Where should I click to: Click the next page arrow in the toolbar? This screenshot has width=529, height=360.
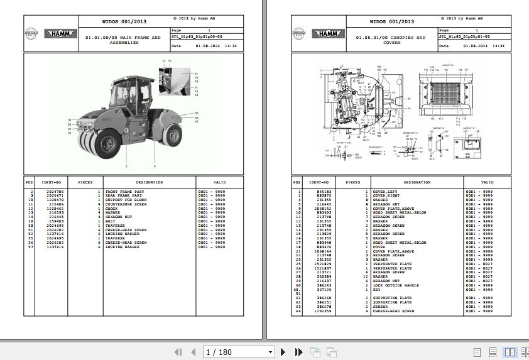pos(283,352)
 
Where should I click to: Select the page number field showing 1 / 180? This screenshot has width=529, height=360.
pos(239,352)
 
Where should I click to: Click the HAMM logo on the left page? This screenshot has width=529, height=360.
pos(60,33)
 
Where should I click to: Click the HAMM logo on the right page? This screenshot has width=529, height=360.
pos(328,33)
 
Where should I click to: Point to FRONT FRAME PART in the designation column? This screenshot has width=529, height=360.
pos(124,191)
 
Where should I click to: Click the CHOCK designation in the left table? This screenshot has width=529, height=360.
pos(112,209)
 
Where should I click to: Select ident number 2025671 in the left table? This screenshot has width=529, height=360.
pos(55,195)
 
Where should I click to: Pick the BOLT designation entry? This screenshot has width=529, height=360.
pos(111,221)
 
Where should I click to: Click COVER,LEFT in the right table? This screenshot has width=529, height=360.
pos(384,191)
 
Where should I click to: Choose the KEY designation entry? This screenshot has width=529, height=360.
pos(376,290)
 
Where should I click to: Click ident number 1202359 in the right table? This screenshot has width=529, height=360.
pos(324,311)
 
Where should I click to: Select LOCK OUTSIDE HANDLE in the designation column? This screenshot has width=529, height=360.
pos(395,285)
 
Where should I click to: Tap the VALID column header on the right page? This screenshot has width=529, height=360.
pos(487,182)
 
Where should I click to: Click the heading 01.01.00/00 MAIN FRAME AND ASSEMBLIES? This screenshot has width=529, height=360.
pos(123,40)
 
